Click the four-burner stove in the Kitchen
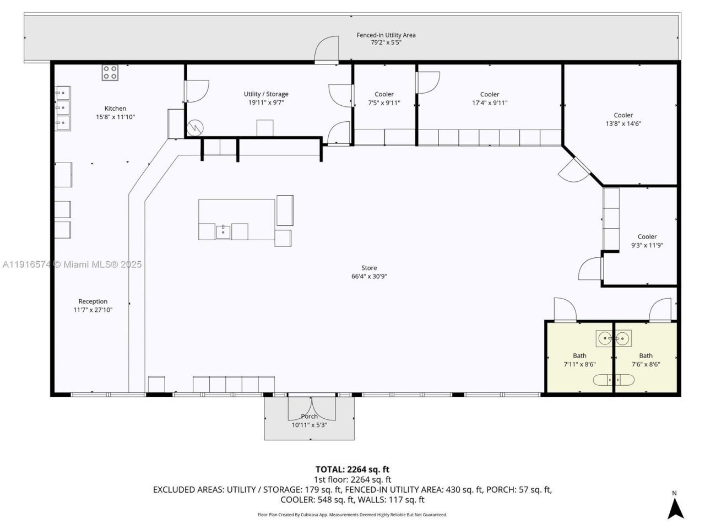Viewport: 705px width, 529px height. [110, 72]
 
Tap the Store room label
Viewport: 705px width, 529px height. [369, 268]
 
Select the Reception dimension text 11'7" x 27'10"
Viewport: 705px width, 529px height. [93, 310]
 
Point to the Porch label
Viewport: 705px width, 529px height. [309, 417]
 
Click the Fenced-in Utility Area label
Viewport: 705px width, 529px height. [386, 35]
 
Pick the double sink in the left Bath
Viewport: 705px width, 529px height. [613, 337]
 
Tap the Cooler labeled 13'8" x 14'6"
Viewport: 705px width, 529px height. [623, 116]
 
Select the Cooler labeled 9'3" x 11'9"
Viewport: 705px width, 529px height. [647, 237]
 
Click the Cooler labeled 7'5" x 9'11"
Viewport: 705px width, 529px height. [384, 94]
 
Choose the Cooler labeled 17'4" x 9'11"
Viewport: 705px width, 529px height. [490, 94]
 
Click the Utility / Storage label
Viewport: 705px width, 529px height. [266, 94]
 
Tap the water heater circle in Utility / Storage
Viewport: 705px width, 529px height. [195, 128]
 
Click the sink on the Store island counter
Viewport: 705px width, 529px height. [223, 231]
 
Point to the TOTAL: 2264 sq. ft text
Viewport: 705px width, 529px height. [352, 469]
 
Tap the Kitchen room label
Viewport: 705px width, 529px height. [115, 109]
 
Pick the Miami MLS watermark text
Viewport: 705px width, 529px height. [72, 264]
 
